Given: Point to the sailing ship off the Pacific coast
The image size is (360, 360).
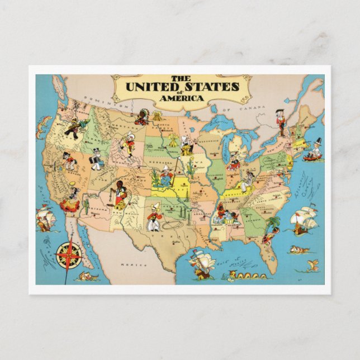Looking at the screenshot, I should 45,218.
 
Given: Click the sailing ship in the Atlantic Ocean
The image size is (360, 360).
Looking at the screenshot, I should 304,220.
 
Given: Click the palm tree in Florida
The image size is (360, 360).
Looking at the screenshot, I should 273,222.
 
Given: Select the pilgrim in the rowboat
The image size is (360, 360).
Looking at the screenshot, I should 315,150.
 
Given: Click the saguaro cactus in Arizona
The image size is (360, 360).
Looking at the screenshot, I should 87,205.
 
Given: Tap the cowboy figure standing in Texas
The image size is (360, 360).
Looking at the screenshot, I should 153,217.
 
